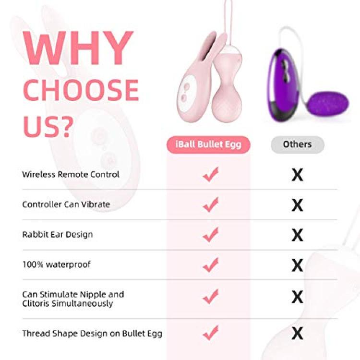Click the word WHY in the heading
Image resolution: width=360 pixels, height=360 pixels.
(x=78, y=48)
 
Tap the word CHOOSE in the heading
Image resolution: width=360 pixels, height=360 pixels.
(x=81, y=90)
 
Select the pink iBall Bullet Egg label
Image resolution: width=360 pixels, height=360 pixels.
(x=208, y=144)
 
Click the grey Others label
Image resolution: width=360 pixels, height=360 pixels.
(x=297, y=144)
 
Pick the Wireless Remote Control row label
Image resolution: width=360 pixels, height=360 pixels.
(x=71, y=175)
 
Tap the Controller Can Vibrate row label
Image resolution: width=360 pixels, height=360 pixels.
(x=66, y=204)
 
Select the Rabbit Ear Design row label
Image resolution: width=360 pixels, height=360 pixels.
(x=58, y=234)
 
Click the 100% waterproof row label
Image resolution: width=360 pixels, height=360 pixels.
(x=57, y=264)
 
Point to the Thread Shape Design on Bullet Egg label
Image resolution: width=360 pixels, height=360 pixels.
(x=92, y=334)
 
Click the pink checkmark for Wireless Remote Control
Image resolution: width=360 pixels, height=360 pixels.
(x=211, y=175)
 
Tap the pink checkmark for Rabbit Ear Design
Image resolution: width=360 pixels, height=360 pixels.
(x=211, y=235)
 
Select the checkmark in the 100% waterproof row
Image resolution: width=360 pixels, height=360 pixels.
(x=211, y=264)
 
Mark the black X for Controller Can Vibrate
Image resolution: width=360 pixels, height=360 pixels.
(x=297, y=205)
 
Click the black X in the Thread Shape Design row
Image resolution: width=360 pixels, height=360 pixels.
(x=297, y=334)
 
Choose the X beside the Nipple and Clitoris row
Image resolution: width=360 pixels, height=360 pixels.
(x=297, y=297)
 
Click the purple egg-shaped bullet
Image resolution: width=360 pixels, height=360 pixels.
(x=328, y=104)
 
